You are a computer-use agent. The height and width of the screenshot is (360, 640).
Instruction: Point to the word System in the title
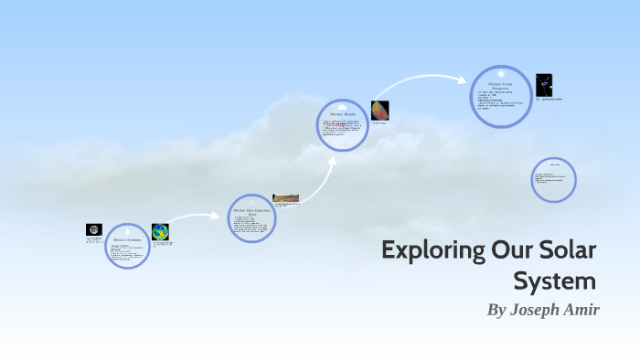coord(555,280)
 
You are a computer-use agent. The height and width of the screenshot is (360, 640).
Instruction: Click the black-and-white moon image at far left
coord(93,230)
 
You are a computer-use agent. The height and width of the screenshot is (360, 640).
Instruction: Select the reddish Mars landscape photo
coord(285,198)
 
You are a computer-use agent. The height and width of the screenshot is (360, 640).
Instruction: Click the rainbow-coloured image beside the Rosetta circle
coord(380,111)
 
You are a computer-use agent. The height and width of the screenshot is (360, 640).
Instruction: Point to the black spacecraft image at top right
coord(544,84)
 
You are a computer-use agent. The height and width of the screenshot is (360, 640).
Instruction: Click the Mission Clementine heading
coord(127,238)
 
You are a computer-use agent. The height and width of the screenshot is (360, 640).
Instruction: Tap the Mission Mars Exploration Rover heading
coord(251,212)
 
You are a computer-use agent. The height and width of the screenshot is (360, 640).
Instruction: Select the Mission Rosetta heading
coord(342,115)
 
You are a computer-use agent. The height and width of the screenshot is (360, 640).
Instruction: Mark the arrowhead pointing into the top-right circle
coord(464,79)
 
